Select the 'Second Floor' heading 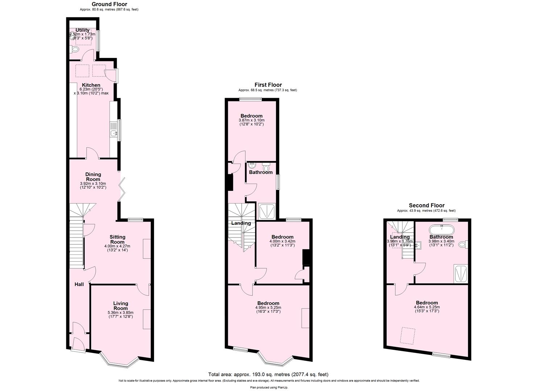coord(426,205)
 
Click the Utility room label coord(83,30)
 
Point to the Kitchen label coord(91,85)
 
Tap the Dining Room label coord(93,177)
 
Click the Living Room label coord(121,306)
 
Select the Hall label coord(79,284)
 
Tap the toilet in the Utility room coord(75,49)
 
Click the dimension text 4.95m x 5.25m coord(268,307)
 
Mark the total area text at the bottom coord(268,374)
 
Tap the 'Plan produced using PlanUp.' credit coord(269,387)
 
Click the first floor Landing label coord(241,223)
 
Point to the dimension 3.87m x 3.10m coord(251,120)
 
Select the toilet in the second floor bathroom coord(463,245)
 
